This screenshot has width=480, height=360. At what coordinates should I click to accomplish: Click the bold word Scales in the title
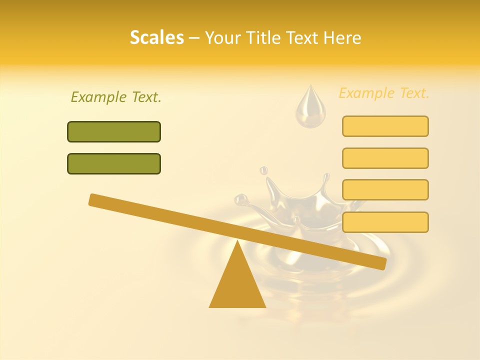[156, 37]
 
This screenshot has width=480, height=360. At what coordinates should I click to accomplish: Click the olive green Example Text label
[116, 97]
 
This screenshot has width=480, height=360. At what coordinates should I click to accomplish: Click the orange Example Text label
[384, 93]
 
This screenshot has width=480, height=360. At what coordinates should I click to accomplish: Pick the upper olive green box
[114, 131]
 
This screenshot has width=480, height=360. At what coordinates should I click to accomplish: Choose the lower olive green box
[114, 163]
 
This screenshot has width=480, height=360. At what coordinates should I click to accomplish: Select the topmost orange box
[385, 126]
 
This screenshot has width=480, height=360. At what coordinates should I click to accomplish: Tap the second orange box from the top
[385, 158]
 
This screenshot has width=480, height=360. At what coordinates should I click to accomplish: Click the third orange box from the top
[385, 189]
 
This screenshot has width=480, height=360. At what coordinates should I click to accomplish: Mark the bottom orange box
[385, 222]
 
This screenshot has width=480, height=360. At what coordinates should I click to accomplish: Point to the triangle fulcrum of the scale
[237, 285]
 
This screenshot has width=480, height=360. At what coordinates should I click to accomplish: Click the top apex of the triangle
[237, 242]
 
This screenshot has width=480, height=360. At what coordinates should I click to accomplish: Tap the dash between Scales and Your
[194, 37]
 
